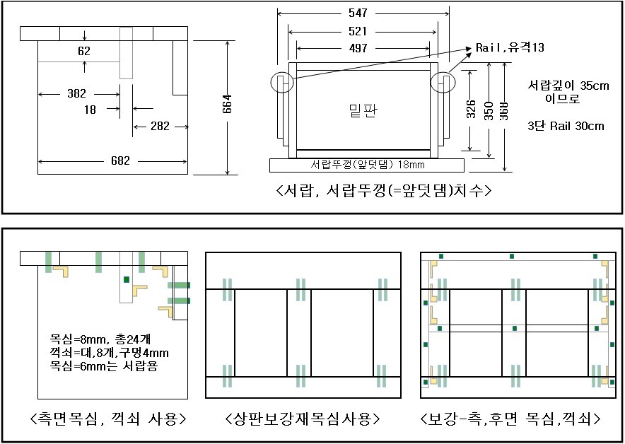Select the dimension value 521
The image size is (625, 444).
click(362, 32)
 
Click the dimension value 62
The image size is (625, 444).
click(84, 51)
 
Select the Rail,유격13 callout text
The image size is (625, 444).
click(510, 47)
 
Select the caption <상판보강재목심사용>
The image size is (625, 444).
click(302, 419)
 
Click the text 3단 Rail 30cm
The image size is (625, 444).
click(566, 126)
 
